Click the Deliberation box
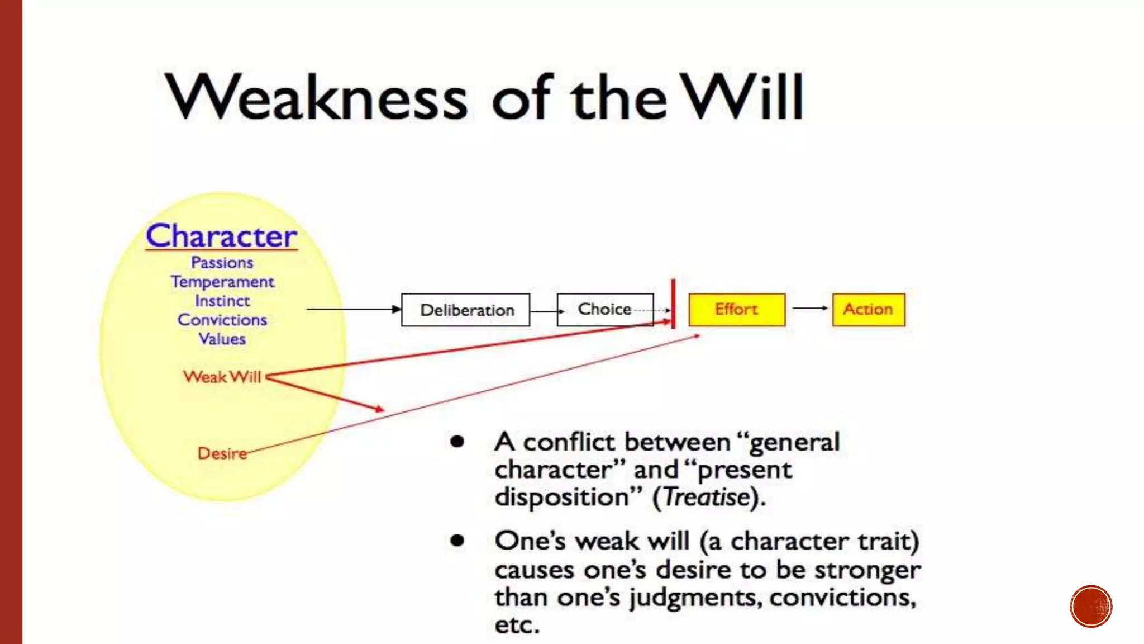coord(465,310)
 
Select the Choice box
coord(605,309)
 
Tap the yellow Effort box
coord(736,309)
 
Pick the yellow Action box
coord(868,309)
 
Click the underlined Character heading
coord(221,236)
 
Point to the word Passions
coord(222,263)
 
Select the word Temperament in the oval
coord(222,282)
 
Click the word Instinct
coord(222,301)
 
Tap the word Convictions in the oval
coord(222,320)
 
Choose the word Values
coord(222,339)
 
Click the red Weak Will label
coord(222,377)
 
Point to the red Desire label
coord(222,453)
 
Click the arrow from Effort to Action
coord(809,308)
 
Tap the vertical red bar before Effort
coord(673,304)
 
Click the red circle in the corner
coord(1091,607)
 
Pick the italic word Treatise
coord(707,497)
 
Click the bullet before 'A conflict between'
coord(457,442)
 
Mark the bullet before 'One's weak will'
coord(457,541)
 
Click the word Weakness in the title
coord(316,98)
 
